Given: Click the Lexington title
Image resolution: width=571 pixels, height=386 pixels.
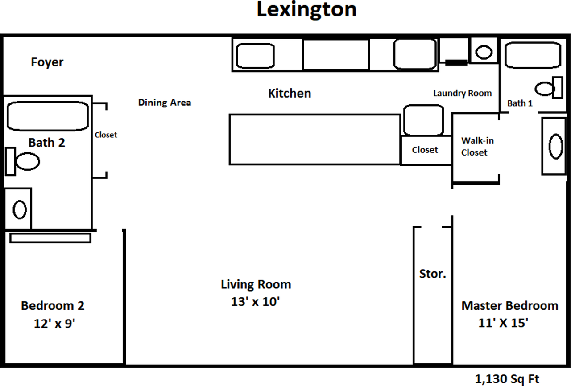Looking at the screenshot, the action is pyautogui.click(x=306, y=10).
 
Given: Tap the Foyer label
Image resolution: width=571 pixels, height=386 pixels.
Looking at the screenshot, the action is pyautogui.click(x=47, y=62).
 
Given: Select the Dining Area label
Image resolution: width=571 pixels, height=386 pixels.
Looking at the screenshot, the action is pyautogui.click(x=165, y=103).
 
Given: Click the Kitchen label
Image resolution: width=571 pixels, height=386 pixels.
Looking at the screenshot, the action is pyautogui.click(x=290, y=93).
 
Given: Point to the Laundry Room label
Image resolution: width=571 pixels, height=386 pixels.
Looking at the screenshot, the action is pyautogui.click(x=463, y=94).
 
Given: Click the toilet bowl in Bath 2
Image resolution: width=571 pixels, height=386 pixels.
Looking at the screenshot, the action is pyautogui.click(x=28, y=161).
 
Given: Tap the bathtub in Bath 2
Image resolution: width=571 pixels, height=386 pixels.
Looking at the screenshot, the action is pyautogui.click(x=48, y=116).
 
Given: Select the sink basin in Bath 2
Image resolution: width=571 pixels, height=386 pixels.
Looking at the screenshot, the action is pyautogui.click(x=20, y=209).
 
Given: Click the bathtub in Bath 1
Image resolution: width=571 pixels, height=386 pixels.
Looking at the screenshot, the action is pyautogui.click(x=533, y=55).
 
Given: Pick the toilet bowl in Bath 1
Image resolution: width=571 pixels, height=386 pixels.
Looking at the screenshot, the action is pyautogui.click(x=545, y=89).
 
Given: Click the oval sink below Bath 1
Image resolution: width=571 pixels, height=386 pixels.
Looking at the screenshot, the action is pyautogui.click(x=556, y=146).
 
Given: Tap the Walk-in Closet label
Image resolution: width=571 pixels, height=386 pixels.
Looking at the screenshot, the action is pyautogui.click(x=477, y=146).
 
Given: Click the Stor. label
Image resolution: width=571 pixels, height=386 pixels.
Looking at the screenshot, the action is pyautogui.click(x=433, y=274).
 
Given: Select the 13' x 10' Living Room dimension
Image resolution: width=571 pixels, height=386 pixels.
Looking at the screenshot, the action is pyautogui.click(x=256, y=302).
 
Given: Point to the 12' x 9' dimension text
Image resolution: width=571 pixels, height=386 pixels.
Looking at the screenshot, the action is pyautogui.click(x=54, y=324).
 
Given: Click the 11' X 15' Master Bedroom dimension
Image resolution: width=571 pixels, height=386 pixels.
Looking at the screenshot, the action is pyautogui.click(x=504, y=323).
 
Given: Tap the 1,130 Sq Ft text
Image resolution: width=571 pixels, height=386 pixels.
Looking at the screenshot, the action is pyautogui.click(x=507, y=379).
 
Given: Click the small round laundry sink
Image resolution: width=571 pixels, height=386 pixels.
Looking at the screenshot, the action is pyautogui.click(x=484, y=52).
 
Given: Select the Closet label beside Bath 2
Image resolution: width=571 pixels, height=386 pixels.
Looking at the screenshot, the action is pyautogui.click(x=106, y=135).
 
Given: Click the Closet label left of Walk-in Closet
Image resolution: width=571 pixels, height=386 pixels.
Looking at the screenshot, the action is pyautogui.click(x=425, y=150).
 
